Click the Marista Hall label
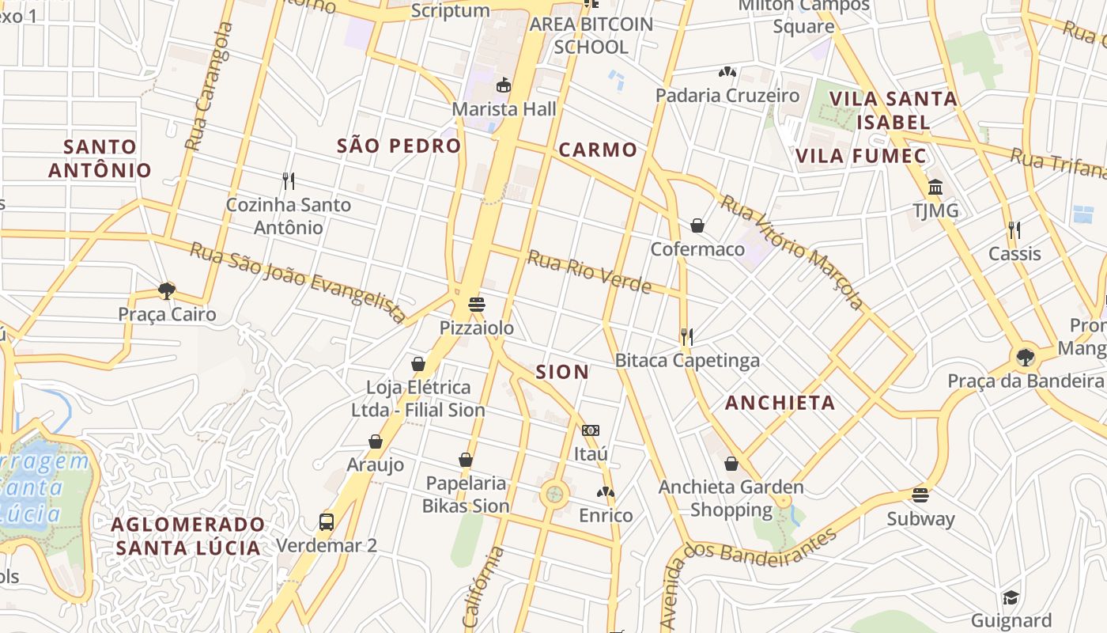(504, 109)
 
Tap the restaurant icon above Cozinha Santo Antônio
(289, 181)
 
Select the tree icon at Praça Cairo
(167, 290)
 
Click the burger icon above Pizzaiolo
(477, 304)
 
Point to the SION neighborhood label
(562, 372)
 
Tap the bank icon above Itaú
(591, 430)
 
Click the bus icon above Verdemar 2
(327, 521)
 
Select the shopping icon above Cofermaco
(697, 226)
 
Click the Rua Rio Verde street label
(589, 271)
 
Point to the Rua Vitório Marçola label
(792, 252)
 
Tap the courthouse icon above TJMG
(935, 188)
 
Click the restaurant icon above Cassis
(1014, 230)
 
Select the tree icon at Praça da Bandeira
(1026, 357)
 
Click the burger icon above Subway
(920, 495)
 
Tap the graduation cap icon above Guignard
(1011, 597)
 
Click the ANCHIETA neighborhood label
(780, 403)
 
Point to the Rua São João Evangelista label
(298, 281)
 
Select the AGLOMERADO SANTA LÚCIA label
(188, 536)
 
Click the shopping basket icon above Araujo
(376, 442)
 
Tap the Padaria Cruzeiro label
(727, 96)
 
